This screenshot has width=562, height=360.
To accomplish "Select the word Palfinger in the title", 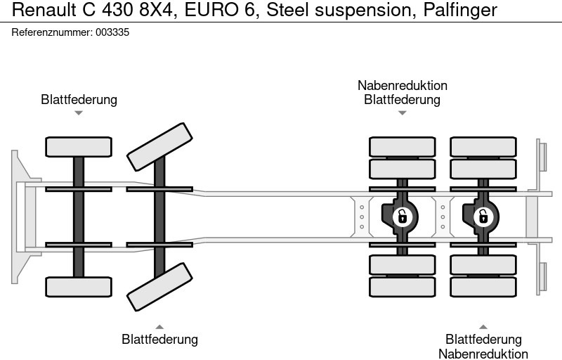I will click(x=460, y=11).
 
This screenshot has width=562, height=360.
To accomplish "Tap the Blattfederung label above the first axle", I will click(x=79, y=99).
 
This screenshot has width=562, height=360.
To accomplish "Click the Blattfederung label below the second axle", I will click(x=159, y=340).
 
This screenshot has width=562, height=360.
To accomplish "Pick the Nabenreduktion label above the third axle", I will click(x=402, y=86).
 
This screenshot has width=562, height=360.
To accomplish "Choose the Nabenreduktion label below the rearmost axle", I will click(x=483, y=354).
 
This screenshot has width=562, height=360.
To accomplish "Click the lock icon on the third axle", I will click(x=402, y=216).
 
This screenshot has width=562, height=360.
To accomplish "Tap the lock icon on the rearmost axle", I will click(x=483, y=216).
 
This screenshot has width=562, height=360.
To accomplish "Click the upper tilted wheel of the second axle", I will click(x=159, y=146).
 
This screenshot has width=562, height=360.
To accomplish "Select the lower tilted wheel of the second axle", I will click(x=159, y=286).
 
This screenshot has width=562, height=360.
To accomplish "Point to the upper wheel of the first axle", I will click(x=79, y=146).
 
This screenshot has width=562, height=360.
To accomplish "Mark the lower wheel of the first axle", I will click(x=79, y=287).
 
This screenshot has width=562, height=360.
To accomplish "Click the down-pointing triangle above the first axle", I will click(x=79, y=112).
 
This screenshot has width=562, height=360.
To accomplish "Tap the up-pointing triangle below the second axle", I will click(x=159, y=326).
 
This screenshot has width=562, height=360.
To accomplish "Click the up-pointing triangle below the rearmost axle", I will click(x=483, y=326).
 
